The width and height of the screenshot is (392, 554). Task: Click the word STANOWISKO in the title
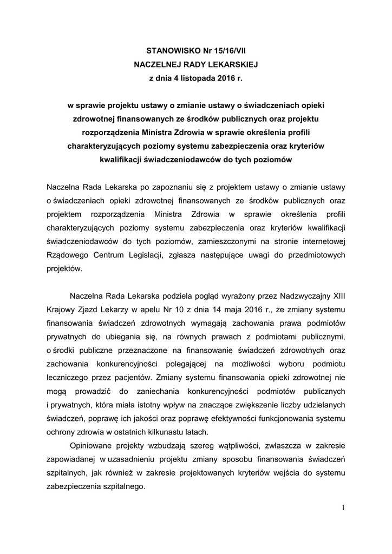pos(160,50)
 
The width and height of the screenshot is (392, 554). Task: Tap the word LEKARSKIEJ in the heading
pos(228,64)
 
